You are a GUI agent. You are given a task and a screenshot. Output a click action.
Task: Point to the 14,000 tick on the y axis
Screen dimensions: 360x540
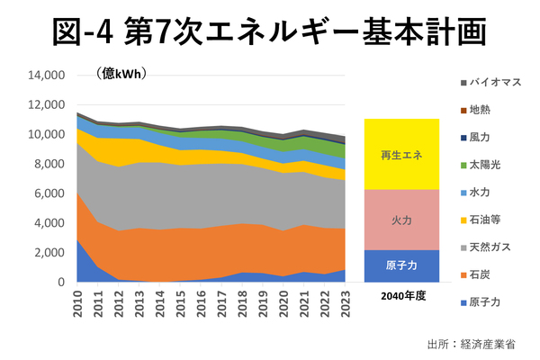pos(47,76)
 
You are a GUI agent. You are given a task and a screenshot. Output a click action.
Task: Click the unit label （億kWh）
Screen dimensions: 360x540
pos(121,73)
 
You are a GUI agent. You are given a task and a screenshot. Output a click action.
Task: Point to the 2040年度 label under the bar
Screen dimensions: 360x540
pos(402,296)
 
